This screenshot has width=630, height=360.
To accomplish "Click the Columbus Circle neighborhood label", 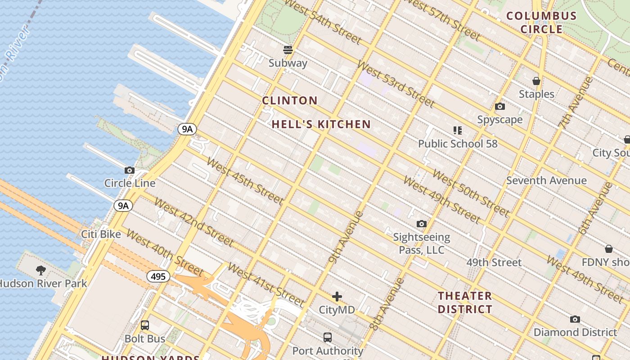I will pyautogui.click(x=541, y=22).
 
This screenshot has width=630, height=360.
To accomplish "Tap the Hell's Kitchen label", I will pyautogui.click(x=321, y=125).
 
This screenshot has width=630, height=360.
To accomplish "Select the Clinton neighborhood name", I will pyautogui.click(x=290, y=101).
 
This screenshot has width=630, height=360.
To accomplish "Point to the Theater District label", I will pyautogui.click(x=465, y=302).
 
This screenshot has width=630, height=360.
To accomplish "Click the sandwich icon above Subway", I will pyautogui.click(x=288, y=49).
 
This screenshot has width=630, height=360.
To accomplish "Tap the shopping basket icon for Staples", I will pyautogui.click(x=536, y=81).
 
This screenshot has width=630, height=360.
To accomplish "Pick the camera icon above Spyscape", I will pyautogui.click(x=499, y=107).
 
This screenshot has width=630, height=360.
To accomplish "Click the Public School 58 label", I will pyautogui.click(x=458, y=144).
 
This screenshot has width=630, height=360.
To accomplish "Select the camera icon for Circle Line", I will pyautogui.click(x=130, y=170).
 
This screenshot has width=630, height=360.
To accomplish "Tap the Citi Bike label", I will pyautogui.click(x=101, y=234).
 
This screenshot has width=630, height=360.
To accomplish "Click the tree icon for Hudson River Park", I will pyautogui.click(x=41, y=270).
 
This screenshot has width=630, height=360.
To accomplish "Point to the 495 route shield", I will pyautogui.click(x=158, y=276).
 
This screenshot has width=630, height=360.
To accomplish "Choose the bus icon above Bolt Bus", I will pyautogui.click(x=145, y=325).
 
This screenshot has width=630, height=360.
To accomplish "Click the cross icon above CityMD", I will pyautogui.click(x=337, y=297).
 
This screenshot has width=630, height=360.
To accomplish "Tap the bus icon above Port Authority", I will pyautogui.click(x=328, y=337).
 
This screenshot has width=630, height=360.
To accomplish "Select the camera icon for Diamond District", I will pyautogui.click(x=575, y=319).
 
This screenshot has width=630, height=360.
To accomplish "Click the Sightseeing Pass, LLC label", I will pyautogui.click(x=422, y=243).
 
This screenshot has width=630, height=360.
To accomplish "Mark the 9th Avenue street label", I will pyautogui.click(x=346, y=237).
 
